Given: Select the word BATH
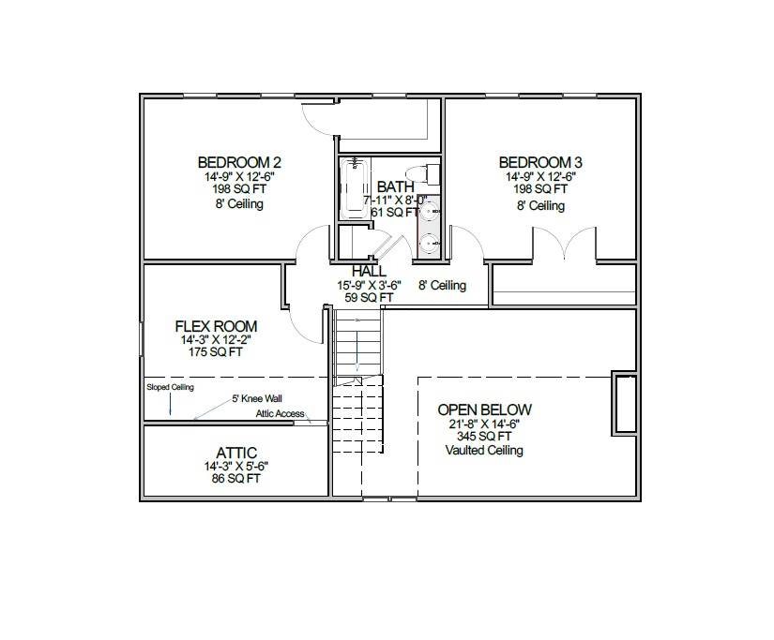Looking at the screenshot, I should [x=395, y=187].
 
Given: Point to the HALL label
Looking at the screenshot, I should [x=369, y=272].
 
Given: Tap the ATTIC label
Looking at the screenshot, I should [x=236, y=453].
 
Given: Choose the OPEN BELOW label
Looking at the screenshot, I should [x=484, y=409].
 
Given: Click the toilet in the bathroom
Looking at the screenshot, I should [x=431, y=174].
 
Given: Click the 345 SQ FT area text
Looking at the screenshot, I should [x=484, y=437].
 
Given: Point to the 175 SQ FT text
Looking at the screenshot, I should [x=216, y=353].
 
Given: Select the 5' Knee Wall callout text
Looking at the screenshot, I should [x=257, y=398].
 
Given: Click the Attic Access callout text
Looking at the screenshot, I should [x=280, y=414].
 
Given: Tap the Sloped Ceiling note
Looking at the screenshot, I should [x=170, y=386].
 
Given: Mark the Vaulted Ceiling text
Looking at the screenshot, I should [x=484, y=451].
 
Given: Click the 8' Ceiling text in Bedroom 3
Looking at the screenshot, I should [x=540, y=205].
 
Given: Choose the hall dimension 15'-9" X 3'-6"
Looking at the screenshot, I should [x=370, y=286].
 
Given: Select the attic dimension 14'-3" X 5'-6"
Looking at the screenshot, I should [x=236, y=466].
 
